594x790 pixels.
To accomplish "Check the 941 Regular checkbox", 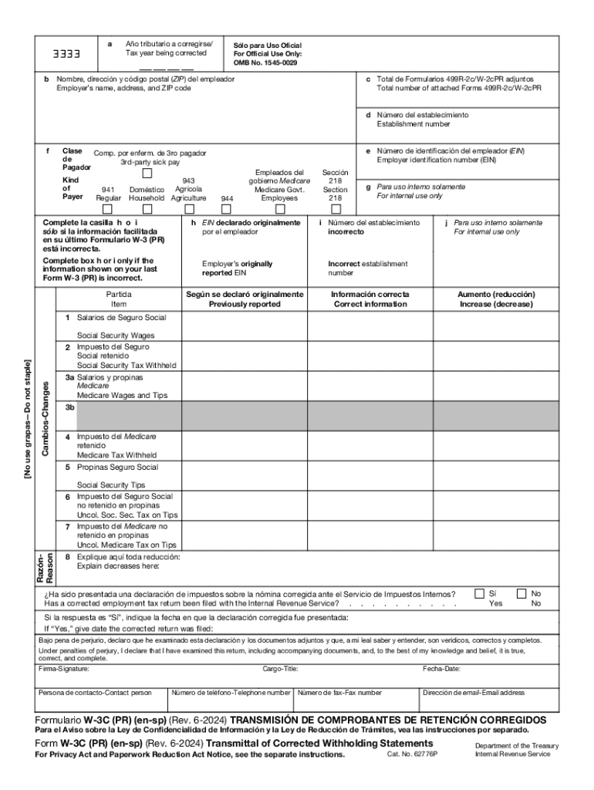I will [108, 208].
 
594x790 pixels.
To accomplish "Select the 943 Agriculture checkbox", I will [188, 208].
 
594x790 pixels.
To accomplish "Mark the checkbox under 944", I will [227, 208].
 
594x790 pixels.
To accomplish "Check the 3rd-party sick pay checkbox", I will [147, 174].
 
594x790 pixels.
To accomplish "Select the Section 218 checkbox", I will [336, 208].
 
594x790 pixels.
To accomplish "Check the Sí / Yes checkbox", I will [480, 593].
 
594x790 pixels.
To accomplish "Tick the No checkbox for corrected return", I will [521, 593].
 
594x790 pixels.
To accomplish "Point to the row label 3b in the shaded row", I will [69, 407].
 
